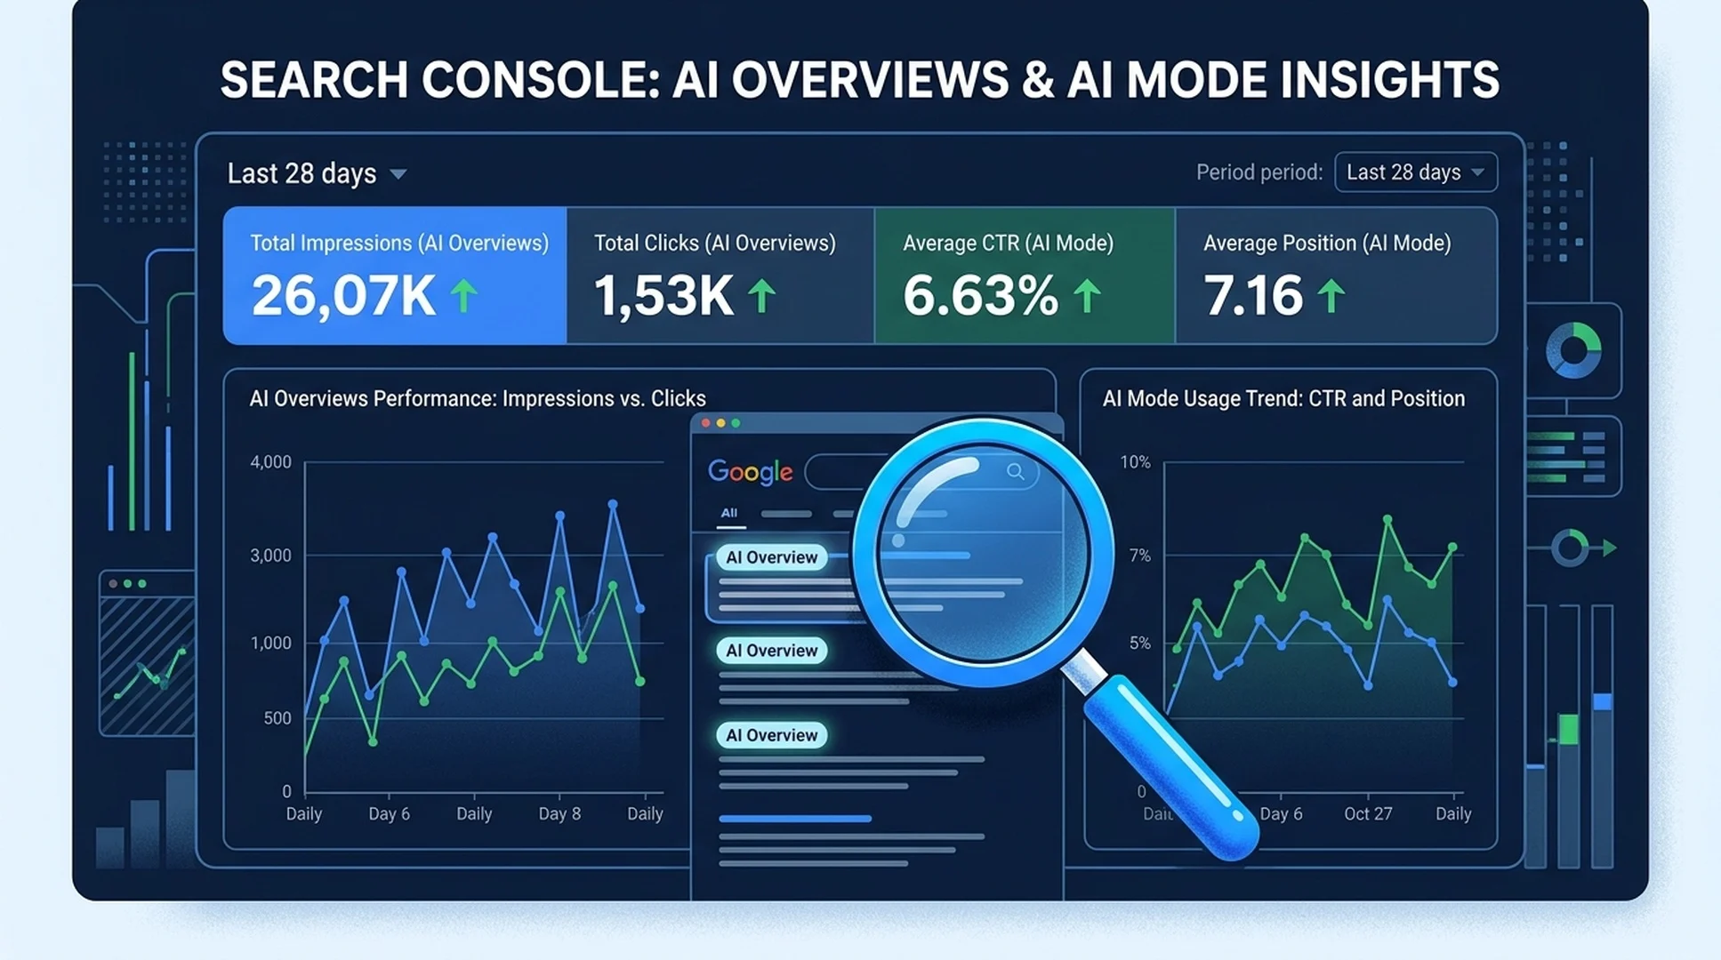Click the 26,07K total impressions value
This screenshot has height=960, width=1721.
343,295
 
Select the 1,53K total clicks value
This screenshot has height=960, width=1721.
663,295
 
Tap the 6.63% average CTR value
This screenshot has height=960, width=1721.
981,295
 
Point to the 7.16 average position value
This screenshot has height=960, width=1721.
1253,295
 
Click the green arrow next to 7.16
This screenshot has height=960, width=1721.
1331,296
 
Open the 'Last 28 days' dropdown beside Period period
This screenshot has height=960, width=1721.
1416,172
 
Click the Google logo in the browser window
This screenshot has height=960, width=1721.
750,472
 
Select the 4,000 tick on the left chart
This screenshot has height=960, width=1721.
270,462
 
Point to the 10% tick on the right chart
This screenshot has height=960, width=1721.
1135,462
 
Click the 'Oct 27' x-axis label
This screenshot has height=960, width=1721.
1368,813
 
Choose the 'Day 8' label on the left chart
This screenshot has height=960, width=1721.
559,813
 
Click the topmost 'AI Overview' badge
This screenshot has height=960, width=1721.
771,557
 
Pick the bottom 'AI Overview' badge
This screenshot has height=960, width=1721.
771,735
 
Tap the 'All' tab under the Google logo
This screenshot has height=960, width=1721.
729,513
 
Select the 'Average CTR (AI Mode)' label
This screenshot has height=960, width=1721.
1008,243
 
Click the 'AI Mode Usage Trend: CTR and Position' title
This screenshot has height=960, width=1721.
1283,398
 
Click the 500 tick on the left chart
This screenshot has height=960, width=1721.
277,718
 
